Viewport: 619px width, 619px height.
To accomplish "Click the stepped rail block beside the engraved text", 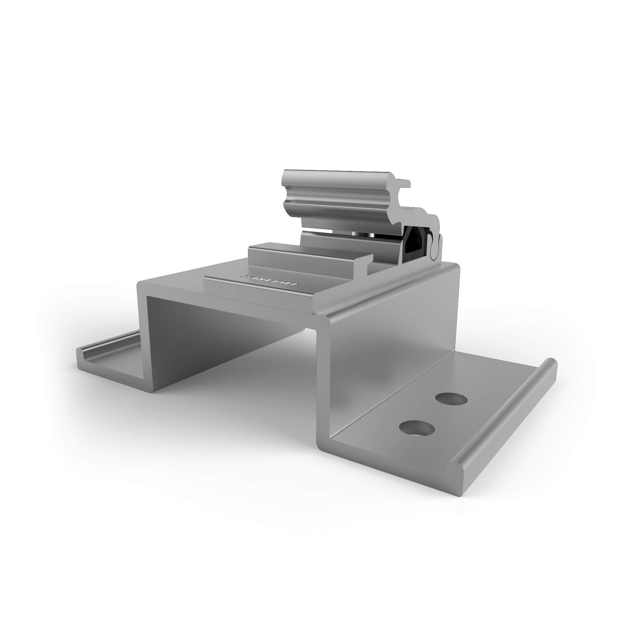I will coord(308,256).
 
